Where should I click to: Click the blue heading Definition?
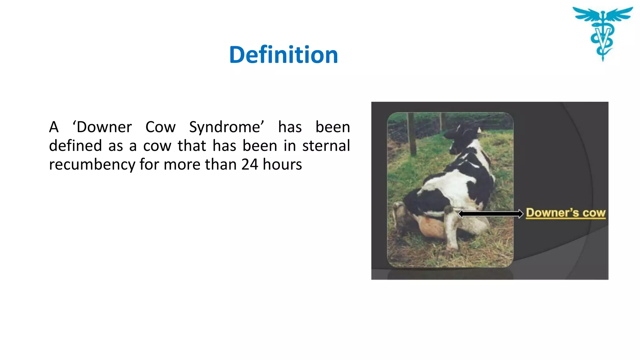tap(283, 55)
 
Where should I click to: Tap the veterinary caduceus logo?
tap(602, 33)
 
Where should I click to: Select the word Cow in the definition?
tap(160, 127)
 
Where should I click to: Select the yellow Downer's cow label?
tap(566, 213)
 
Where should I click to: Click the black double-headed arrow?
tap(490, 214)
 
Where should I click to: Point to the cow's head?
tap(462, 133)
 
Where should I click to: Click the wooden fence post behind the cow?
tap(412, 134)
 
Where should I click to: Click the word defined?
tap(75, 146)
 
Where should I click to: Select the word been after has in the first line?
tap(332, 127)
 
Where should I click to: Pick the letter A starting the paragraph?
tap(54, 127)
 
